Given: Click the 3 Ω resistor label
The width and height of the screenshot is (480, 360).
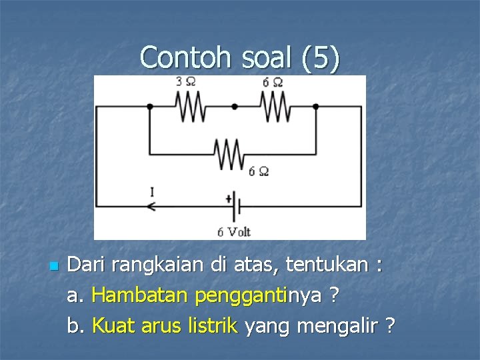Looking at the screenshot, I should pos(185,82).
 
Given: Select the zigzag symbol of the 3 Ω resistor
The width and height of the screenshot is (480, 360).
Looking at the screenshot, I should pos(191,107).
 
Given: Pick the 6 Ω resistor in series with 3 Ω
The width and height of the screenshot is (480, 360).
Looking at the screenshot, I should pos(274,107).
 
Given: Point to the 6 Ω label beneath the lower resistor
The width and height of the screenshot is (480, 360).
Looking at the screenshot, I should pos(258,171).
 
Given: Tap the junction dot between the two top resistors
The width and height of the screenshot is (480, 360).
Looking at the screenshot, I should pos(234,106).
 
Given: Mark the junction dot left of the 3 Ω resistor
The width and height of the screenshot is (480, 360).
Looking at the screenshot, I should pos(149,106).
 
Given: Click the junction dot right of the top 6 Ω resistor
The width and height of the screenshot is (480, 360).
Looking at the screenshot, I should pos(315,106).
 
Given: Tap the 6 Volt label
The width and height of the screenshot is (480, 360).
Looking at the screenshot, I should pos(233,232).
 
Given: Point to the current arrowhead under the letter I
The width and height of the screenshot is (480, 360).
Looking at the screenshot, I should pos(151,207).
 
